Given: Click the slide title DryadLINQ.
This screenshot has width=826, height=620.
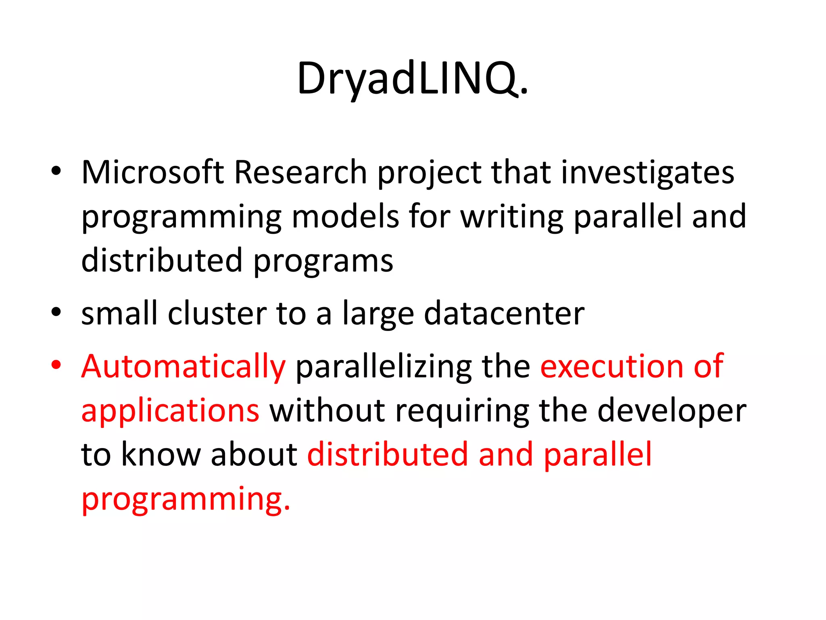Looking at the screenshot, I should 412,78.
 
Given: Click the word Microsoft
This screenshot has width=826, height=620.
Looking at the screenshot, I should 152,173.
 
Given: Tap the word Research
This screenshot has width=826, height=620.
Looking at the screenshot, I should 300,173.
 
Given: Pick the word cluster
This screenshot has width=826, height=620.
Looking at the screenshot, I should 217,314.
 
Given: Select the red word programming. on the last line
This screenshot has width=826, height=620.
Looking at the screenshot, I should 186,500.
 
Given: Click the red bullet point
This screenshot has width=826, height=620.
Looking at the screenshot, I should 56,365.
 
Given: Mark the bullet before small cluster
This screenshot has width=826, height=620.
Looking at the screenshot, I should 56,312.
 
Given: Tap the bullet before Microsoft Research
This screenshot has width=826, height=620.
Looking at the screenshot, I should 56,171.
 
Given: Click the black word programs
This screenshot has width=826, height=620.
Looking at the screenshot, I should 323,262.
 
